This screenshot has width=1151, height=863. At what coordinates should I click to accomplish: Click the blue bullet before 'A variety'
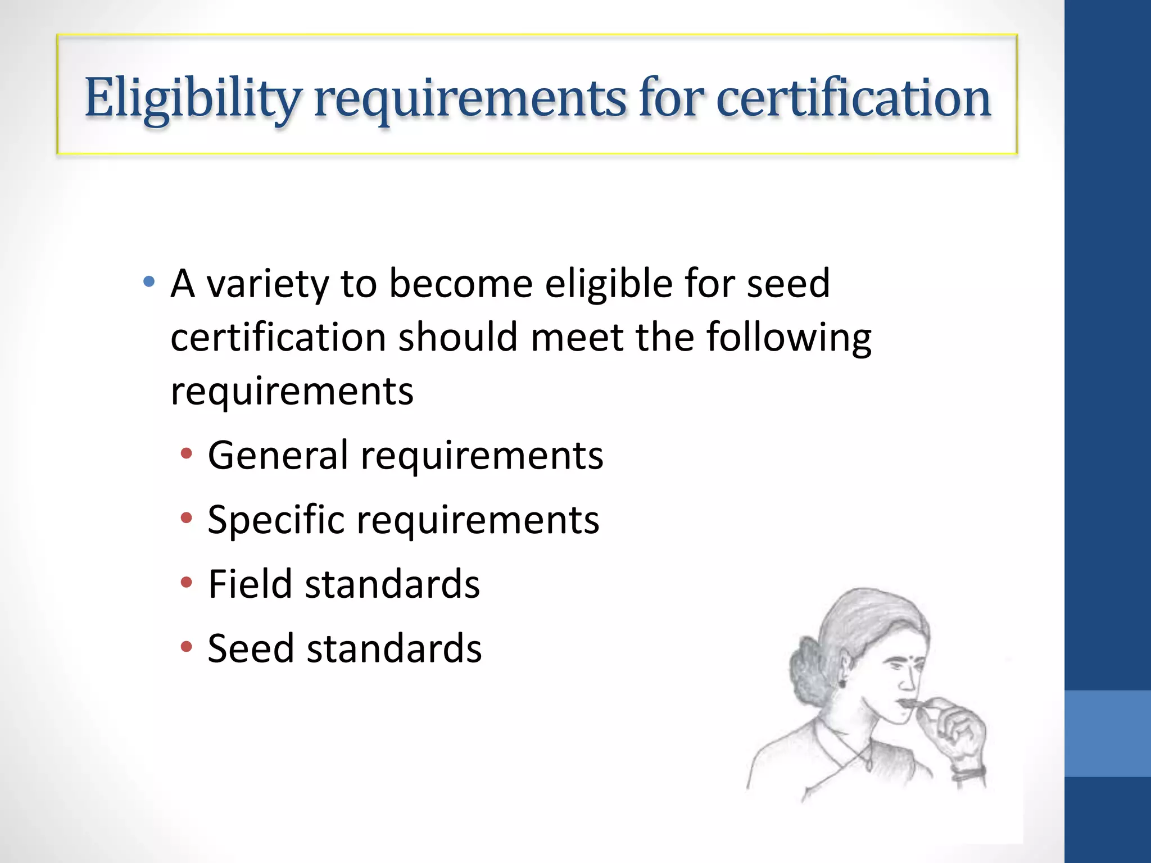(x=149, y=281)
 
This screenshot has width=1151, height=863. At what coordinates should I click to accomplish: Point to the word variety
(x=268, y=284)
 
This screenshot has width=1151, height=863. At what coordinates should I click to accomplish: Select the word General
(x=278, y=455)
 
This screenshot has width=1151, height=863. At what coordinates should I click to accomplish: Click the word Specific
(x=275, y=520)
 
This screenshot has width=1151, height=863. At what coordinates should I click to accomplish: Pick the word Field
(x=250, y=584)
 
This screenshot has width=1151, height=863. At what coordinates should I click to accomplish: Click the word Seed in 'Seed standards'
(x=251, y=649)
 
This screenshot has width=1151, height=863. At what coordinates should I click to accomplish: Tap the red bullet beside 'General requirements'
(x=187, y=453)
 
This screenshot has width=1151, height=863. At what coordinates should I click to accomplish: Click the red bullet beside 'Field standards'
(x=187, y=583)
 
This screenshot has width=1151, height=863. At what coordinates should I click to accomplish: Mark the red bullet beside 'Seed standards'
(x=187, y=647)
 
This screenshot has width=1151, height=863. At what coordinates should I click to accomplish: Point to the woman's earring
(x=842, y=683)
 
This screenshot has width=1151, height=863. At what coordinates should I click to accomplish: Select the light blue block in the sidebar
(x=1107, y=733)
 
